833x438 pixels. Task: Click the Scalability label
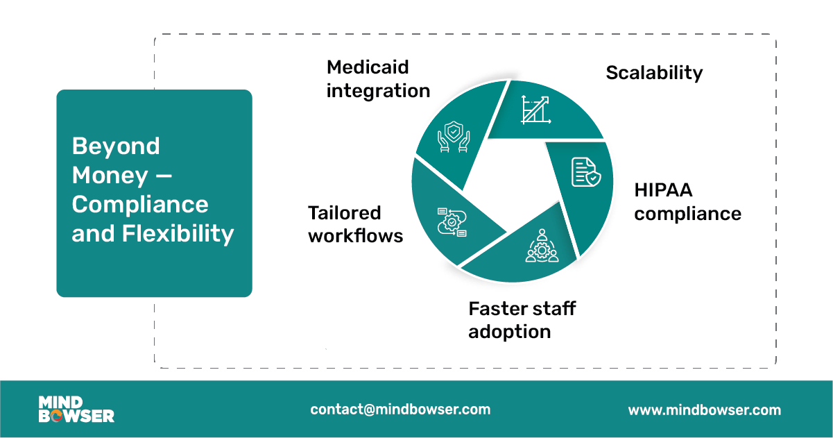[654, 72]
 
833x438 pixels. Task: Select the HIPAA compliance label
[687, 201]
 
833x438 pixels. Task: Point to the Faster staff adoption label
[522, 319]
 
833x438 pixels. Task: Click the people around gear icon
[542, 246]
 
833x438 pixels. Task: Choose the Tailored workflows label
[355, 224]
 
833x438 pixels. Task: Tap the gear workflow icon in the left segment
[452, 222]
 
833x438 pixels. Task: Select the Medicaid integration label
[378, 78]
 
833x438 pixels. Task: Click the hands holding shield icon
[452, 137]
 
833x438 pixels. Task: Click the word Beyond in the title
[116, 146]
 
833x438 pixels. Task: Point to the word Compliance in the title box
[140, 204]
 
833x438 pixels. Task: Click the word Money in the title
[110, 175]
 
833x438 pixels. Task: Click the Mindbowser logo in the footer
[76, 410]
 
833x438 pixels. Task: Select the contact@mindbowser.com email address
[400, 410]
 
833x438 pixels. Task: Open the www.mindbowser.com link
[704, 410]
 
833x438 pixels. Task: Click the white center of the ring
[510, 184]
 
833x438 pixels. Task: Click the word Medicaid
[368, 67]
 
